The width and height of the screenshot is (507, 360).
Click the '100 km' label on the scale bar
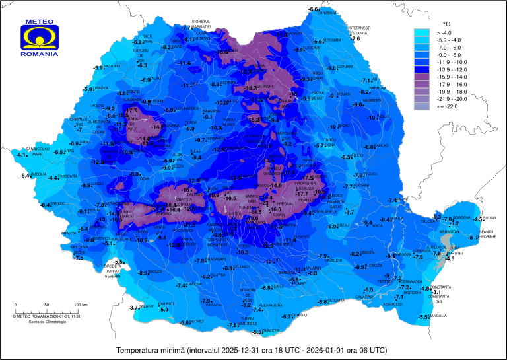pos(81,305)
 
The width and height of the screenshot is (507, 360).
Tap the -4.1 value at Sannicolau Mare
pos(22,155)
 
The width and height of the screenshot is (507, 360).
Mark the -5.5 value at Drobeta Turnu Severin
pos(118,262)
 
